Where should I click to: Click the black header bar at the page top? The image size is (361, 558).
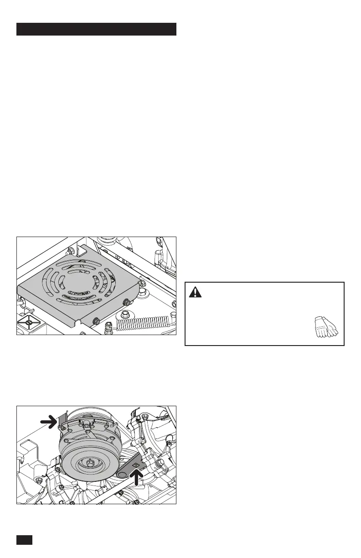(96, 29)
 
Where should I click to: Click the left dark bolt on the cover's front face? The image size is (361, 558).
(96, 320)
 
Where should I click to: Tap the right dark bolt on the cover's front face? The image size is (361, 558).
(126, 302)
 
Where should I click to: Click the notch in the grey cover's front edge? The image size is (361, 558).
(80, 319)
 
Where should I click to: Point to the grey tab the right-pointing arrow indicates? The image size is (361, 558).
(63, 420)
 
